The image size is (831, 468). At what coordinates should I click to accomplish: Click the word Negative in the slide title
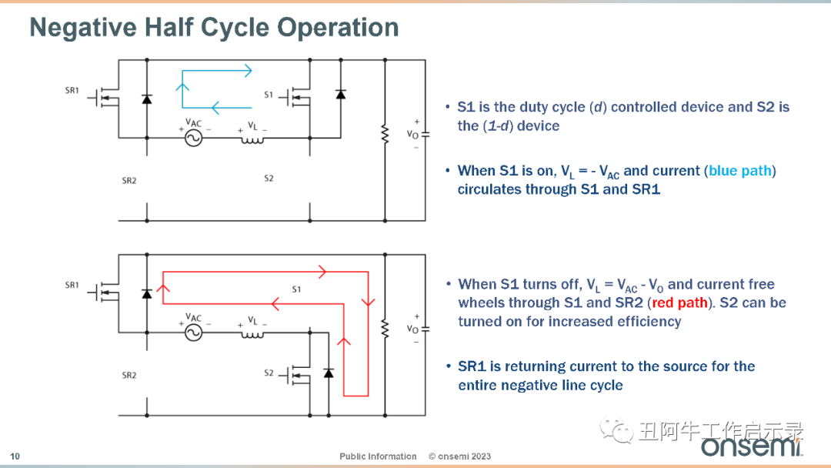click(82, 27)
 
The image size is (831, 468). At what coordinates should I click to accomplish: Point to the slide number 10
click(15, 456)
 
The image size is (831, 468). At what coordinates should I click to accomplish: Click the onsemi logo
click(752, 446)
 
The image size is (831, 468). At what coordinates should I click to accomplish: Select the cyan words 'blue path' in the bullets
click(740, 171)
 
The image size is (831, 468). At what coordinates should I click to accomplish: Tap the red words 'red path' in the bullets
click(679, 303)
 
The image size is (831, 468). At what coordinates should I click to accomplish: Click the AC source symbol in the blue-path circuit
click(193, 139)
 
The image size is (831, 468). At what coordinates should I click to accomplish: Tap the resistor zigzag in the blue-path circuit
click(385, 135)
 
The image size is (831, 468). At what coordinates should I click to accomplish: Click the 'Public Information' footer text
click(378, 456)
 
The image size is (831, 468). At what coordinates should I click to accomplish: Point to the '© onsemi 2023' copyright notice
click(459, 456)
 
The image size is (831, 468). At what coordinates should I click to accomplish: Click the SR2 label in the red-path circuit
click(128, 376)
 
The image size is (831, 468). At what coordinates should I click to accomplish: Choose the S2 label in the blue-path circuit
click(269, 179)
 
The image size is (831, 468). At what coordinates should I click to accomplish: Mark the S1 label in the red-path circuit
click(296, 289)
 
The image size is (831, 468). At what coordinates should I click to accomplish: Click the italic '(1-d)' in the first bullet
click(497, 126)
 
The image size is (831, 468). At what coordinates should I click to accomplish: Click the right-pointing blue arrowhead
click(248, 71)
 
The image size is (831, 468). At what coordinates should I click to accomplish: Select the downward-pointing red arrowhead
click(368, 303)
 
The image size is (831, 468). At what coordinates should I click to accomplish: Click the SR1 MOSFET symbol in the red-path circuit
click(104, 292)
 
